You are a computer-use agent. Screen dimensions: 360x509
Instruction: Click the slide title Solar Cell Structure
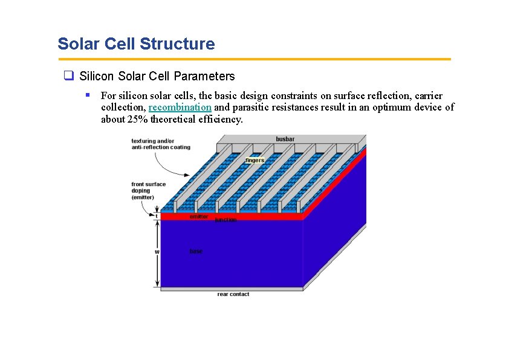136,44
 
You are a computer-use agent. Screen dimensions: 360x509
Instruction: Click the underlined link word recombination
180,108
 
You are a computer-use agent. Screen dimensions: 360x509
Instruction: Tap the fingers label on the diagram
254,160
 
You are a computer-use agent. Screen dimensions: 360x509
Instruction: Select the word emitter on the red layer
199,216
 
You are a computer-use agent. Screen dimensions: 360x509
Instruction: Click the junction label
225,220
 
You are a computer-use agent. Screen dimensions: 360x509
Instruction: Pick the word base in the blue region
196,251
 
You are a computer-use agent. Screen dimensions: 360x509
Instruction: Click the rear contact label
233,294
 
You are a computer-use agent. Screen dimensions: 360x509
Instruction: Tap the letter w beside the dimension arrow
157,251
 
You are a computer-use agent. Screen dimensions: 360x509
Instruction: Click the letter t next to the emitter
157,216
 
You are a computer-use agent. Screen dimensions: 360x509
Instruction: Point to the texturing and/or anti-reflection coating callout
160,144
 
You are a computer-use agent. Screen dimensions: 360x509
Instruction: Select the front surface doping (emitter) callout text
148,191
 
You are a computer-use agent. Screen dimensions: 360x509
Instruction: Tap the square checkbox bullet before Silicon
68,76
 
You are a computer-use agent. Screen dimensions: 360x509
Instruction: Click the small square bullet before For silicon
88,95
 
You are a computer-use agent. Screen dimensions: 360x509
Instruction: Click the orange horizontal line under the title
254,59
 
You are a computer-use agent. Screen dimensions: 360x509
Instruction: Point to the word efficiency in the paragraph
220,119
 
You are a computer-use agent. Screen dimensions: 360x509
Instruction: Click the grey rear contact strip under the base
230,289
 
